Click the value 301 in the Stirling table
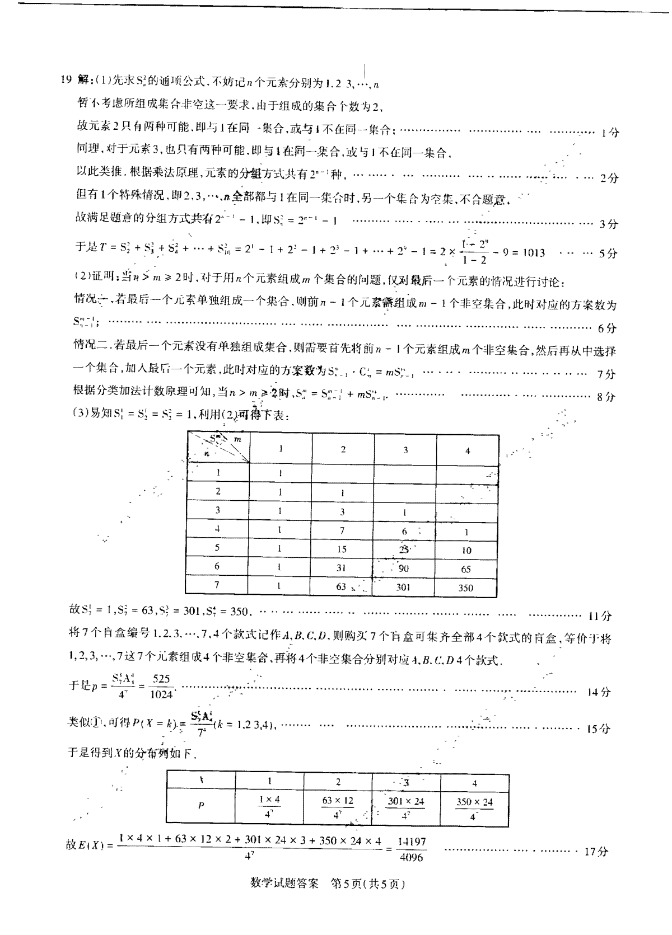point(403,587)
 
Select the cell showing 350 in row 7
point(465,588)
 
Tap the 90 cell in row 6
point(403,568)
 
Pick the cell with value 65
point(466,569)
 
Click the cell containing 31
point(341,568)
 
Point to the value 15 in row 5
point(342,549)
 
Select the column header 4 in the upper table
point(468,450)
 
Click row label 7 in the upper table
point(217,585)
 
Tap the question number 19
point(66,79)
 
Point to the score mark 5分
point(608,253)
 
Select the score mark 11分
point(600,616)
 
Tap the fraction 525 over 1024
point(161,687)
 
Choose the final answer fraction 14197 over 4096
point(412,849)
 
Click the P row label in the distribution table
point(201,806)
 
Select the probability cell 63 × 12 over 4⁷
point(338,807)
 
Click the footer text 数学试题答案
point(284,884)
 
